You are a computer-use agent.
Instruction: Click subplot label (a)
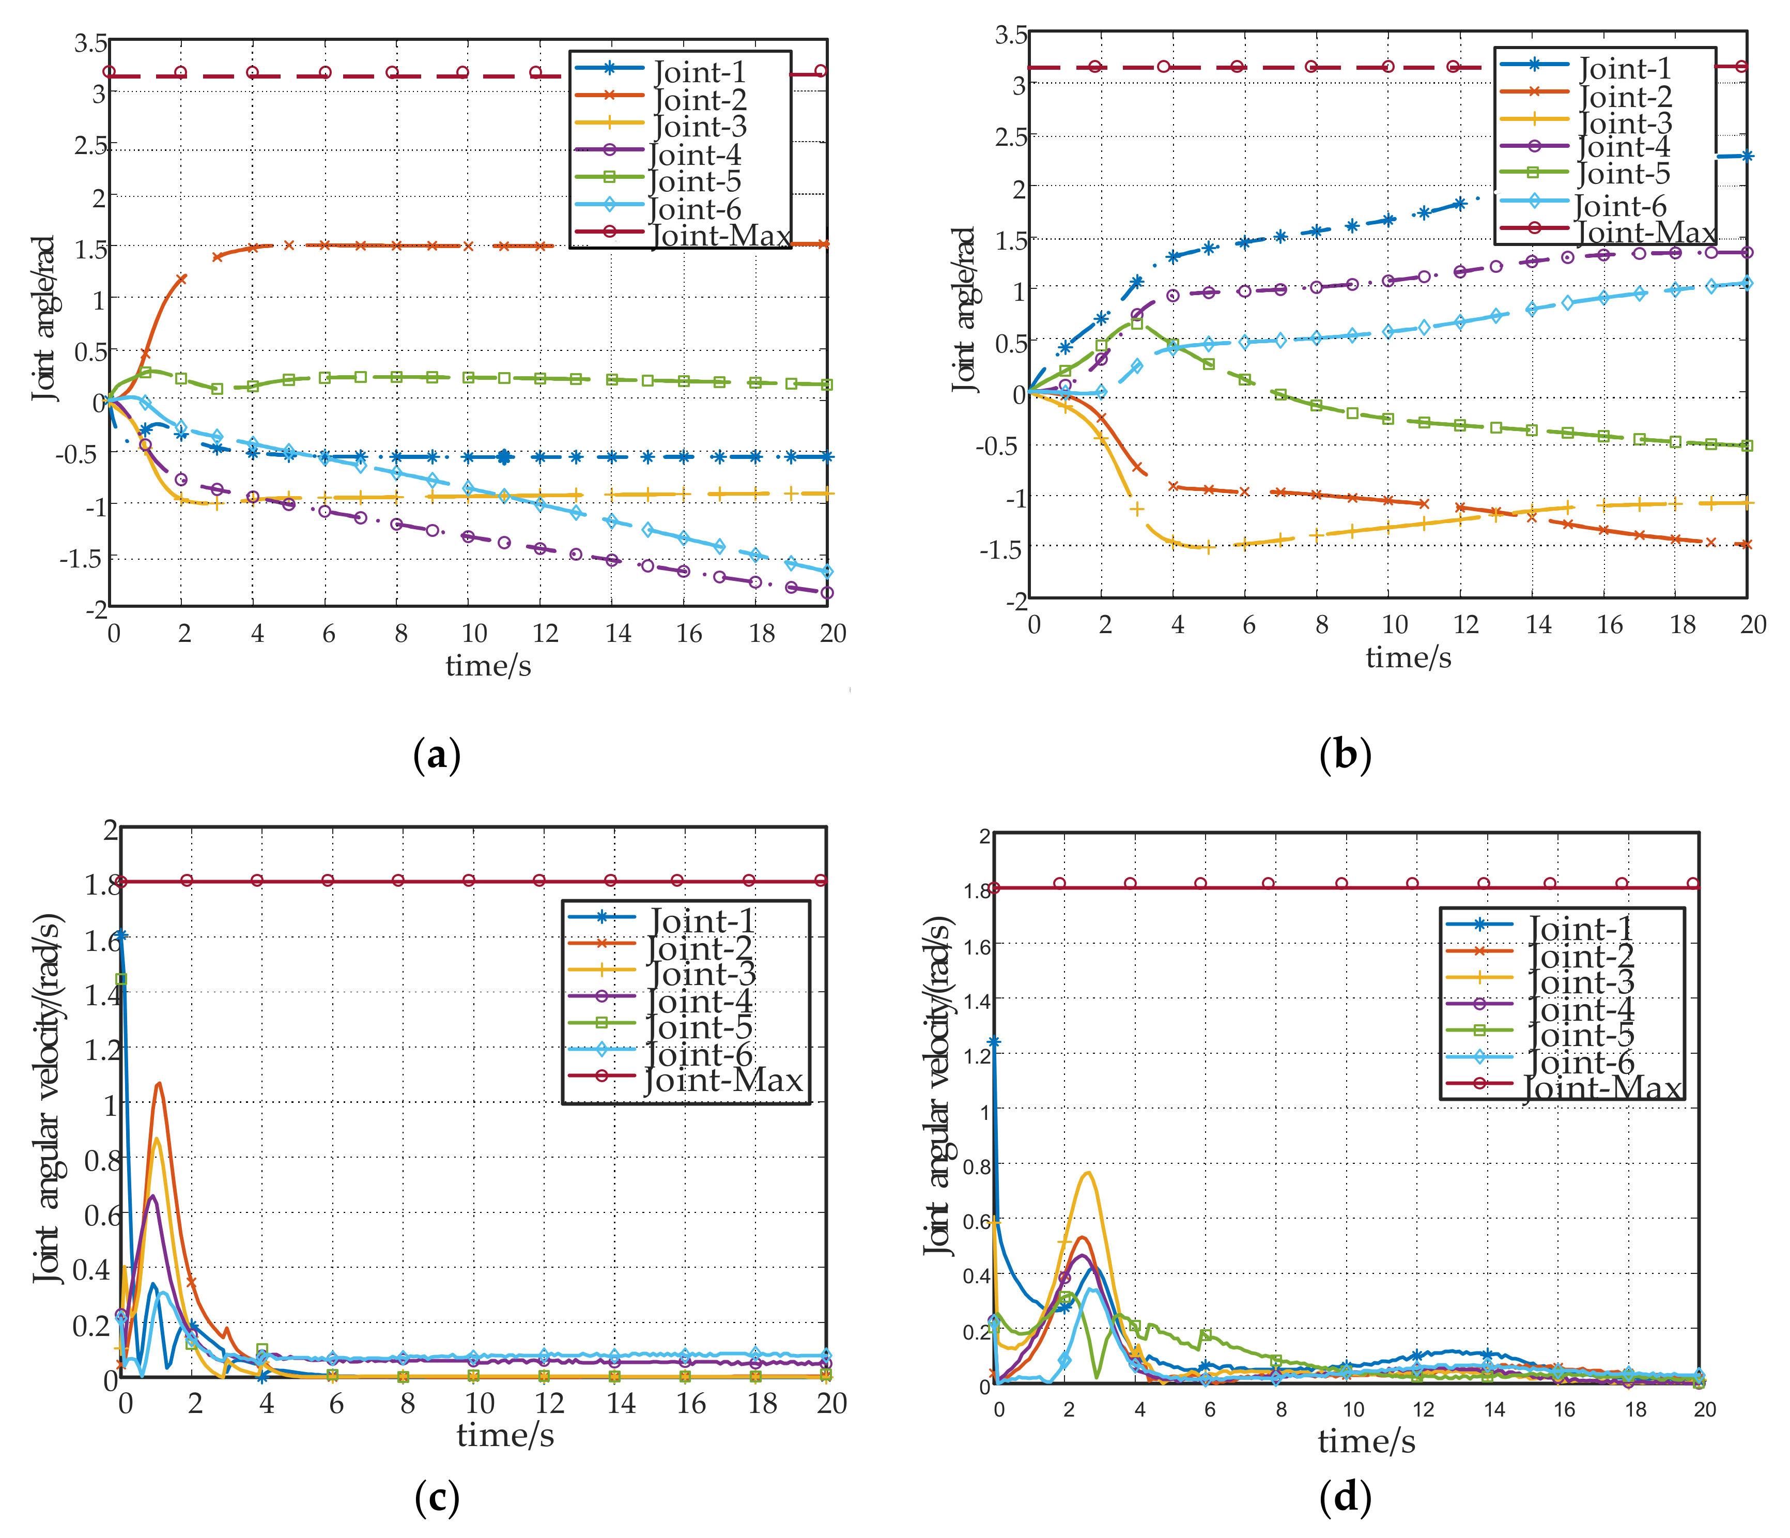pos(437,755)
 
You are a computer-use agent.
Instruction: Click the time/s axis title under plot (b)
pos(1408,657)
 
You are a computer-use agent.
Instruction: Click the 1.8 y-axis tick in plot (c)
pos(102,885)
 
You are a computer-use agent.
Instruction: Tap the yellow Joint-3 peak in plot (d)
pos(1088,1173)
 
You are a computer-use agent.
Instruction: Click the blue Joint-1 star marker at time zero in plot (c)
pos(121,935)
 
